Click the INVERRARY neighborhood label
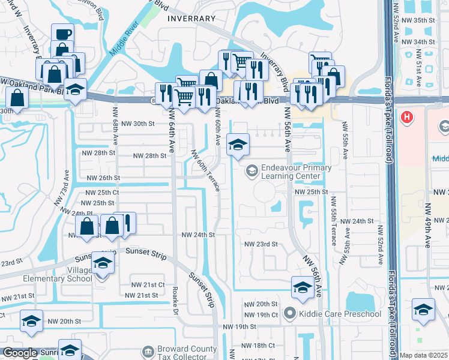(x=191, y=19)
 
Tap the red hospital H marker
(x=408, y=116)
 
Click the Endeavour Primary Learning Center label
(x=294, y=172)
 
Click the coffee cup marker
(x=62, y=34)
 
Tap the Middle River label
(x=124, y=42)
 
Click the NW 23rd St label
(x=261, y=244)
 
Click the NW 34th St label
(x=420, y=41)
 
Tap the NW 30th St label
(x=138, y=124)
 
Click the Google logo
(x=19, y=353)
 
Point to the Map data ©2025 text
(x=424, y=355)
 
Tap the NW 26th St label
(x=103, y=178)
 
